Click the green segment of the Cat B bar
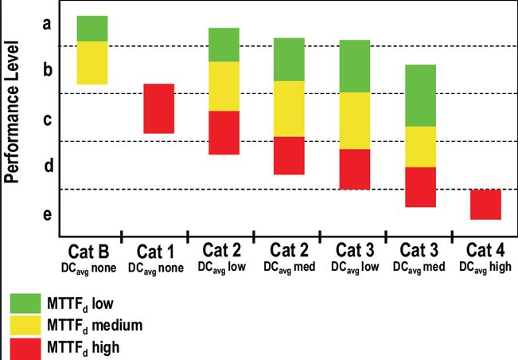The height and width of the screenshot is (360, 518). pos(92,28)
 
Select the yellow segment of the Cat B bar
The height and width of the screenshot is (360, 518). pos(92,62)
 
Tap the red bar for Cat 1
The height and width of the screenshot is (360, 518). pos(158,108)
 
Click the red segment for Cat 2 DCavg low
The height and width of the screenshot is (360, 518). pos(224,132)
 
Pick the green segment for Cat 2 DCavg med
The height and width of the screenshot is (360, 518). pos(289,59)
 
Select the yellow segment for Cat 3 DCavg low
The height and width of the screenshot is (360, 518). pos(354,120)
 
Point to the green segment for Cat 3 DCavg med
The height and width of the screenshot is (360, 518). pos(420,95)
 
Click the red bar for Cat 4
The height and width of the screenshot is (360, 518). pos(485,204)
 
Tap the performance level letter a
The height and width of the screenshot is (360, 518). pos(47,24)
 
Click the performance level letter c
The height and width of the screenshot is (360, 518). pos(47,120)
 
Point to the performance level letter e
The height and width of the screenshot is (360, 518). pos(47,215)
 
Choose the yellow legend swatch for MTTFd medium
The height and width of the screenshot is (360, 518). pos(25,325)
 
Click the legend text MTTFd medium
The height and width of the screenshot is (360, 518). pos(96,325)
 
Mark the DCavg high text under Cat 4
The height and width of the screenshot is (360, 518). pos(485,267)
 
